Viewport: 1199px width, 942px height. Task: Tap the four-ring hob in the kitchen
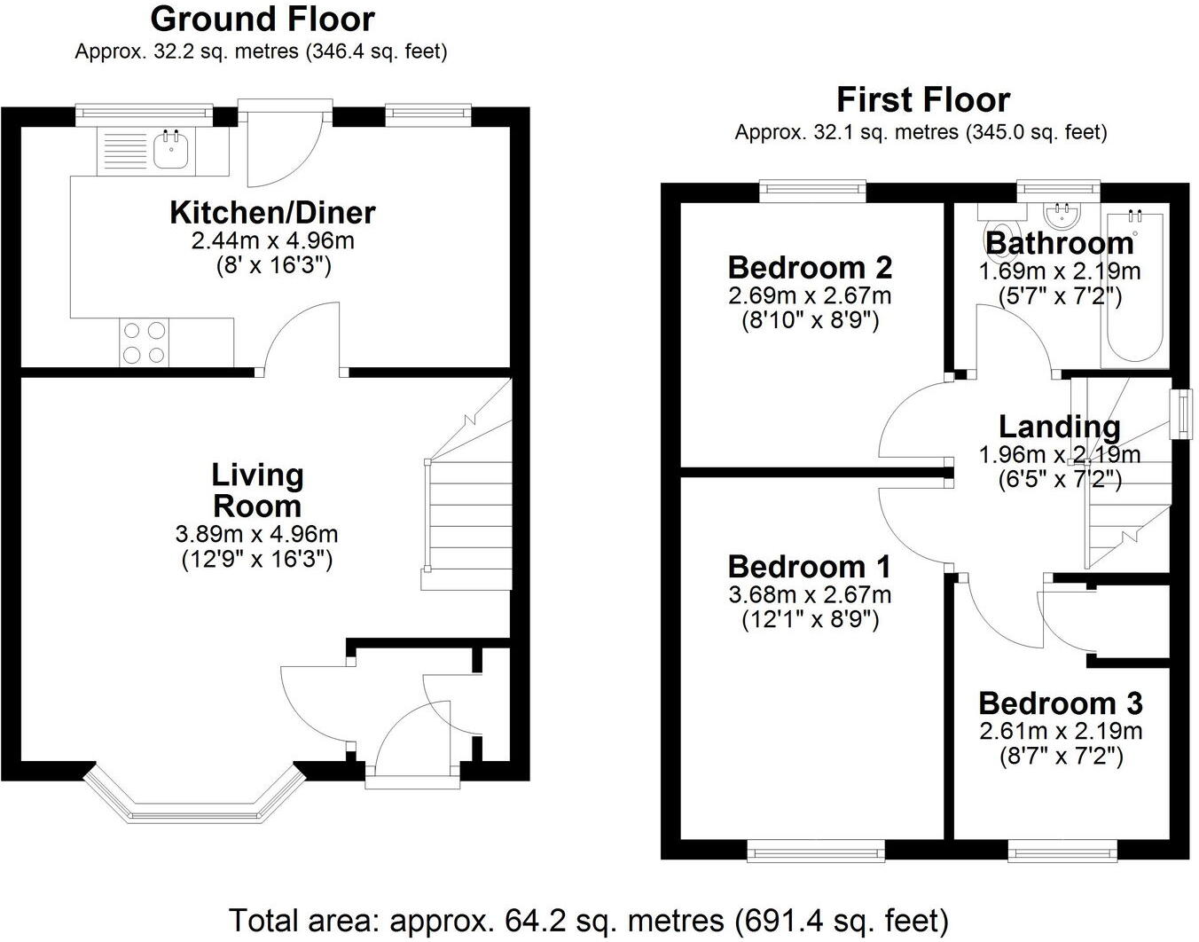click(145, 342)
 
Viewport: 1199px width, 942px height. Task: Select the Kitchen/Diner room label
click(272, 213)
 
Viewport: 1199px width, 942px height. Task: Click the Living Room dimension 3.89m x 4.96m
click(257, 535)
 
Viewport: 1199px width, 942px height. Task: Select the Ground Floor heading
click(262, 19)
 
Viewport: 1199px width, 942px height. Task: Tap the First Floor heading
click(922, 99)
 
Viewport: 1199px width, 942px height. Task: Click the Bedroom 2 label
click(810, 267)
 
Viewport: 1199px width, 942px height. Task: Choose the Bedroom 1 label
click(810, 567)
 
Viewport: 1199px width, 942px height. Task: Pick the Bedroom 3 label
click(1060, 703)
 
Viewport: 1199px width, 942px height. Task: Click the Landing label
click(1059, 427)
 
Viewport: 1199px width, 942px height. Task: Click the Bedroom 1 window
click(816, 852)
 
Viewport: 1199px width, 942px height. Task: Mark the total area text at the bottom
click(589, 920)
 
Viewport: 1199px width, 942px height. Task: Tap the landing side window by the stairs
click(1180, 413)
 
